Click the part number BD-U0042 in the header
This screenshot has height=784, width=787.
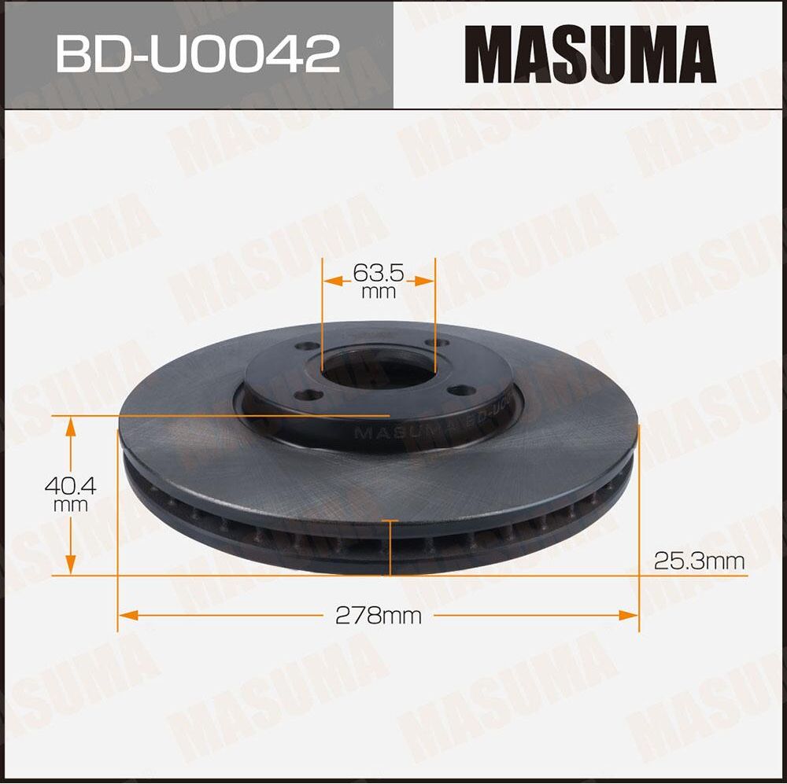(198, 53)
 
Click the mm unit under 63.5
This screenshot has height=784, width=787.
(378, 293)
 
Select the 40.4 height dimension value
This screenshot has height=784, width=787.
(70, 487)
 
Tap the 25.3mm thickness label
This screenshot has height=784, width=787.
(699, 561)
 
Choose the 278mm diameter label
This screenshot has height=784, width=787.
(378, 615)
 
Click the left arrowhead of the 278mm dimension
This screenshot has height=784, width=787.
(126, 614)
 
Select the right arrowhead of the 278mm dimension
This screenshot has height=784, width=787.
(630, 614)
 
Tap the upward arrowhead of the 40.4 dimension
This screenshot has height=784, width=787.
(71, 427)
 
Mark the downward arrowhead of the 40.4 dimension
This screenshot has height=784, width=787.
(71, 565)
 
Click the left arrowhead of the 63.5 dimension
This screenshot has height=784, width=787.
(331, 279)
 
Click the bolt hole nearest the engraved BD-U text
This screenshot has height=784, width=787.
(456, 390)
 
